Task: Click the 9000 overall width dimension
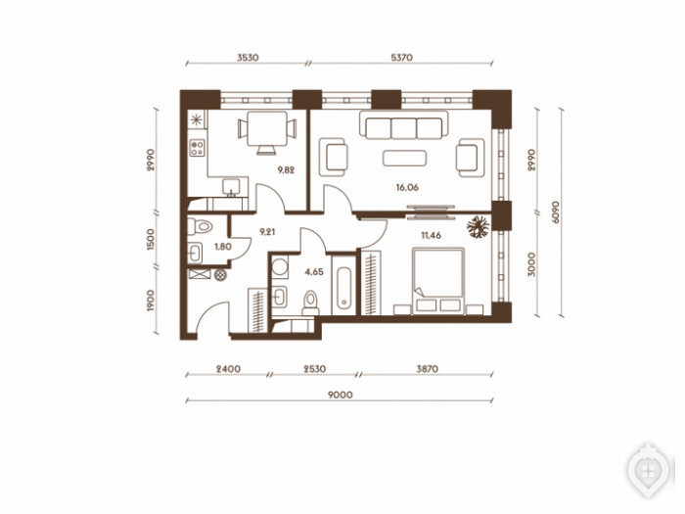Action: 341,396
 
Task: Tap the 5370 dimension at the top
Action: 401,58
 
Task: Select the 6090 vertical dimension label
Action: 555,212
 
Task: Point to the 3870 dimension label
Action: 427,369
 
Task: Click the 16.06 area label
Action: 407,188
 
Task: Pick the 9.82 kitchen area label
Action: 286,170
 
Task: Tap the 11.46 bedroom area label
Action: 431,235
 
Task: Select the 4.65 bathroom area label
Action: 314,272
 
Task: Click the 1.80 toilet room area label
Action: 223,247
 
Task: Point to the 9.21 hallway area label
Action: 267,232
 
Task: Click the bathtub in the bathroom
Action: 343,285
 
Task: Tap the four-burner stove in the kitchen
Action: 197,147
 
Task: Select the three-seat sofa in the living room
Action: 404,125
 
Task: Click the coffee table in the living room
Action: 404,159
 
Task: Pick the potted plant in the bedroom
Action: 479,227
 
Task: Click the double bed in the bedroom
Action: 438,281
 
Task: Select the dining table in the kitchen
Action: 267,129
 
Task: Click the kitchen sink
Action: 231,186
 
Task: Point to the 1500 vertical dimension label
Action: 151,239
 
